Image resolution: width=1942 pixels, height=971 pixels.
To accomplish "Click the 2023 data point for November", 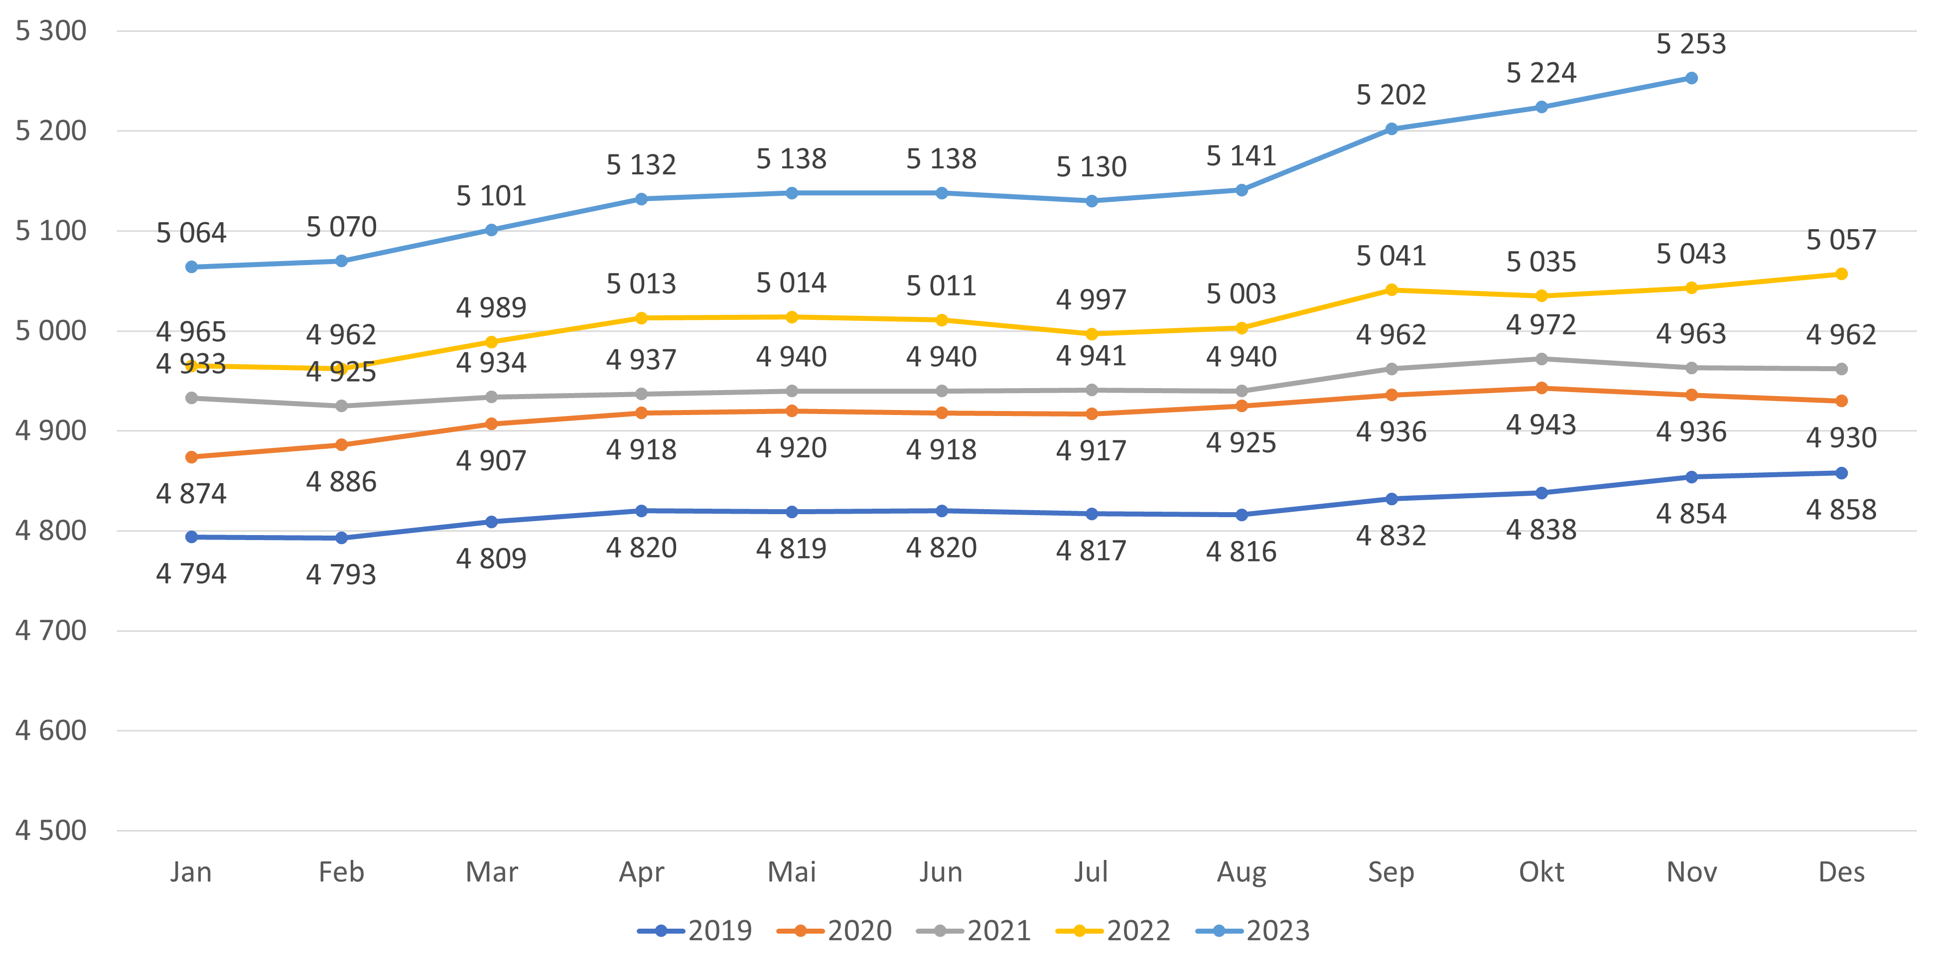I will (x=1691, y=78).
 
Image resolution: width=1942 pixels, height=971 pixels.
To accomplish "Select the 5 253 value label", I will (x=1691, y=44).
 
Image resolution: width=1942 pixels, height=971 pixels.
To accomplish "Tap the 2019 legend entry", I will (x=694, y=930).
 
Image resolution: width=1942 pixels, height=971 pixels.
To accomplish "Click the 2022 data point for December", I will (x=1841, y=274).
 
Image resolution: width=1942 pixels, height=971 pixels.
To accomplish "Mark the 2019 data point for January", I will (x=191, y=537).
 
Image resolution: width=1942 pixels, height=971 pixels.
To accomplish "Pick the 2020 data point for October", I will (x=1541, y=388).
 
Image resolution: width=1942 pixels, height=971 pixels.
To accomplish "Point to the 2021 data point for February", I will (x=341, y=406).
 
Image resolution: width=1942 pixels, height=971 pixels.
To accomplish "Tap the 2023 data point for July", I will (x=1091, y=201).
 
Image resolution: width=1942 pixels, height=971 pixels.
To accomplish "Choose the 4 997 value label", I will (x=1091, y=300).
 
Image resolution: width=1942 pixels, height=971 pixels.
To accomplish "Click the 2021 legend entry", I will (x=973, y=930).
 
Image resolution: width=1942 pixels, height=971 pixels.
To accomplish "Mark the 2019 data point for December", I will (x=1841, y=473).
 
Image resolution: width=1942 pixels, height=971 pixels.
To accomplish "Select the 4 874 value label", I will (x=191, y=494).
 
